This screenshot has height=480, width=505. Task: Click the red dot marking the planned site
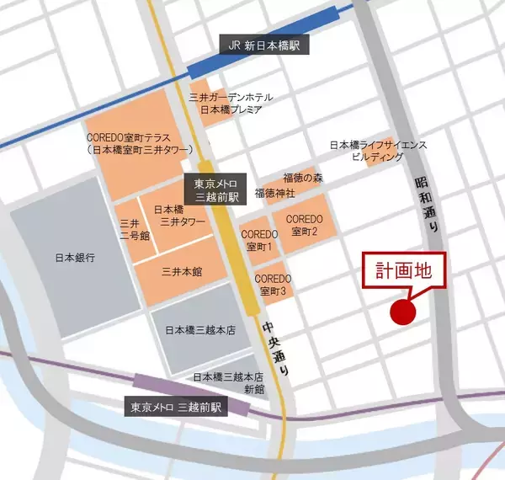[403, 312]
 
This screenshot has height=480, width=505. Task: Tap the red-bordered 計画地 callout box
[402, 274]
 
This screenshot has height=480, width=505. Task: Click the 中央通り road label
[283, 345]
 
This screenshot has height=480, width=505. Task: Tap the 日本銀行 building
[75, 257]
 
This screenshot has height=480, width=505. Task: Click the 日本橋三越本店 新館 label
[229, 383]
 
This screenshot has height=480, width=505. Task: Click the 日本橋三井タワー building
[174, 216]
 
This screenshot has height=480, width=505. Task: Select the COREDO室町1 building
[258, 240]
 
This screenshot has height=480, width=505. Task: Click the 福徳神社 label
[277, 193]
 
